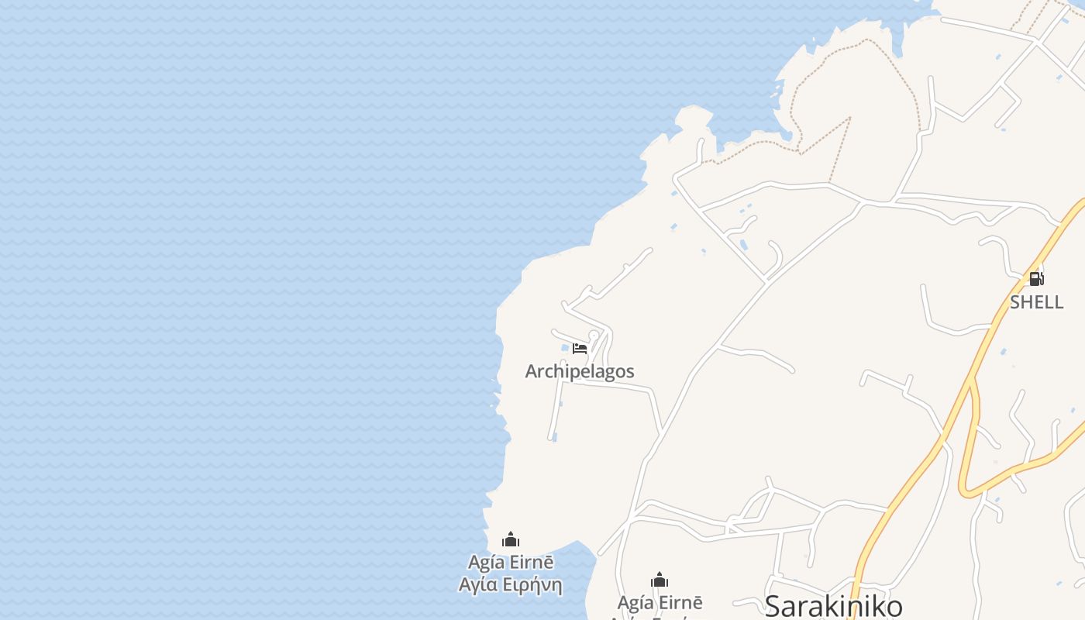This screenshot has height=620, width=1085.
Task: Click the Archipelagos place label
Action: tap(580, 372)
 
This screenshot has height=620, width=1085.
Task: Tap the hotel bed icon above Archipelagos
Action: tap(580, 348)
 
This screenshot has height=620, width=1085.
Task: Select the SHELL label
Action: tap(1036, 302)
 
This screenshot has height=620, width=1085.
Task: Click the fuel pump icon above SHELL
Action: tap(1036, 279)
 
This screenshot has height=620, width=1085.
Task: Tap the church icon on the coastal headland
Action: tap(511, 539)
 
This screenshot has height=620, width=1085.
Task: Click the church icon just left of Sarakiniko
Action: tap(660, 580)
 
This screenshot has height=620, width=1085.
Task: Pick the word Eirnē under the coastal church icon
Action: tap(532, 562)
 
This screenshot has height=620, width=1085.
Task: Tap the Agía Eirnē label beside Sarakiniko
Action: tap(660, 603)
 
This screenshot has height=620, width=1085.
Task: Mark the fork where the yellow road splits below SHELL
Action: tap(972, 384)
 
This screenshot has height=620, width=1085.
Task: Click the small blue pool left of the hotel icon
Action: tap(566, 349)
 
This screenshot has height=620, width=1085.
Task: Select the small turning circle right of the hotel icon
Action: tap(594, 336)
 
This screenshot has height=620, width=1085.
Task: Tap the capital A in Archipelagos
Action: tap(532, 372)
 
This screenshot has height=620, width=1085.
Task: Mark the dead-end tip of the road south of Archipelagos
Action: tap(553, 438)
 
